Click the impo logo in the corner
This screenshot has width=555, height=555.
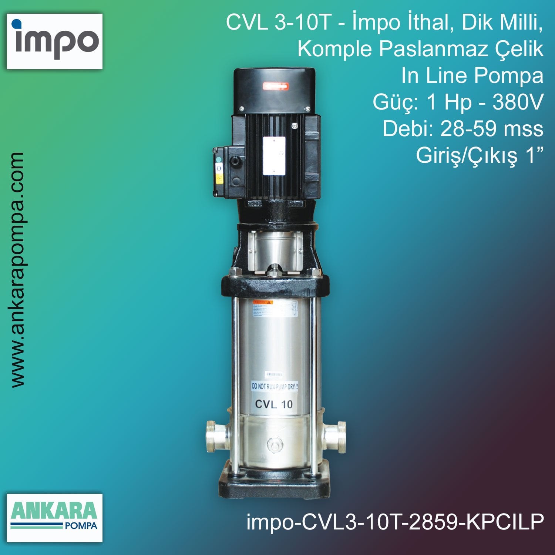55,41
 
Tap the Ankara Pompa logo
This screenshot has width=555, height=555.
55,517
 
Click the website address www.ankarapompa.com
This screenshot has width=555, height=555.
18,269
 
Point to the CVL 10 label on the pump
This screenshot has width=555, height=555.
274,404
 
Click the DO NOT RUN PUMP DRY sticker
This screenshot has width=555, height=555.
275,386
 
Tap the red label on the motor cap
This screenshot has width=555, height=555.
275,87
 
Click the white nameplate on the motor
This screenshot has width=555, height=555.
274,156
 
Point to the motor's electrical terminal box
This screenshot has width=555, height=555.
229,171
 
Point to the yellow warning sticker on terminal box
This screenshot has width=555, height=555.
219,179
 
